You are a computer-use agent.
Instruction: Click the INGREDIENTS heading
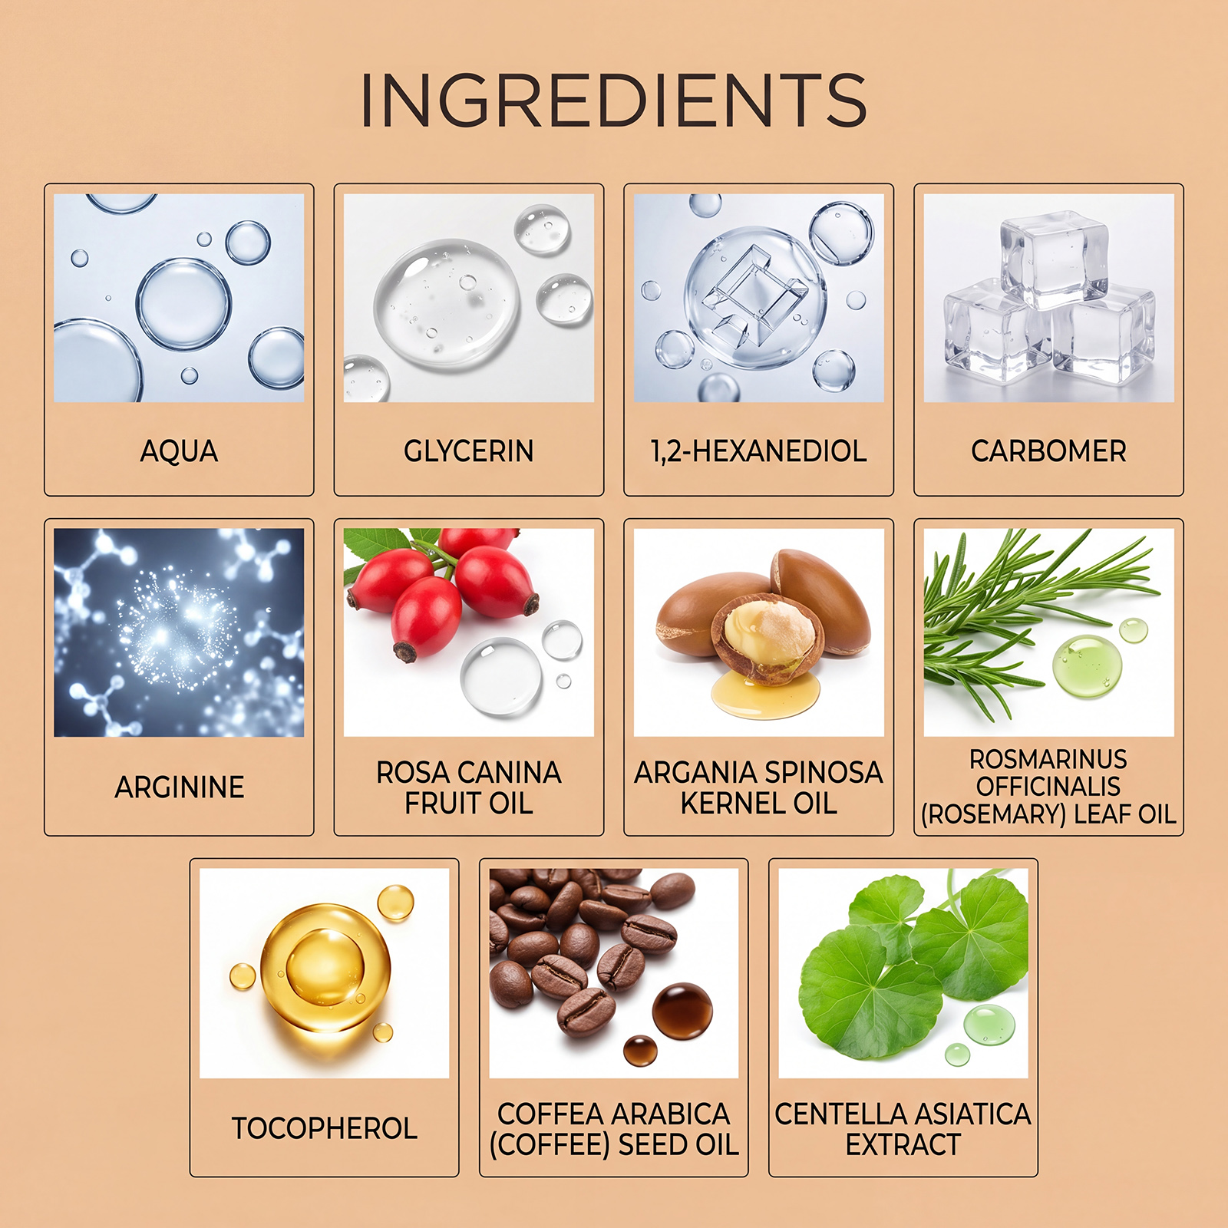click(614, 100)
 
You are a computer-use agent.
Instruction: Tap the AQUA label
click(179, 451)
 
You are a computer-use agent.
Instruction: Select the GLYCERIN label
click(469, 451)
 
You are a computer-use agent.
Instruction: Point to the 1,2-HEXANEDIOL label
click(759, 451)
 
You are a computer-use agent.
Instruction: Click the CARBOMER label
click(1048, 451)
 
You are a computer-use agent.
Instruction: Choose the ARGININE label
click(180, 787)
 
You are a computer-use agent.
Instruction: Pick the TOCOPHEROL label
click(325, 1128)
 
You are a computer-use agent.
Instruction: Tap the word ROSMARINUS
click(1048, 759)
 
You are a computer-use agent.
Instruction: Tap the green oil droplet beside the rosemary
click(1088, 665)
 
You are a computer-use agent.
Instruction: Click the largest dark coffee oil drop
click(682, 1011)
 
